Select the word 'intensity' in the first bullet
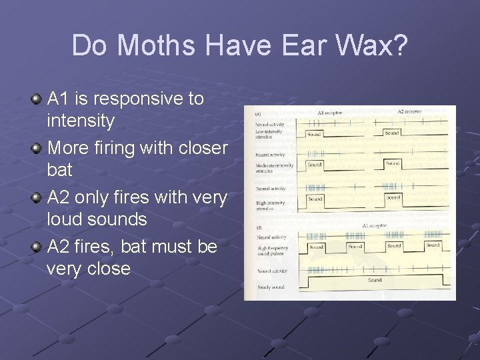point(81,121)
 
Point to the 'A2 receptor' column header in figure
point(409,112)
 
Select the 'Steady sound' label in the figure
point(270,287)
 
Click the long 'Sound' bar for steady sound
point(375,281)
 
